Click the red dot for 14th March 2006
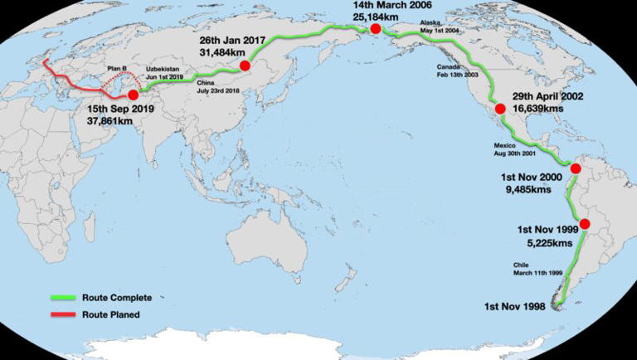(x=376, y=29)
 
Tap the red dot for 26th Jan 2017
(x=245, y=66)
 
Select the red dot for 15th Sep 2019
(x=134, y=95)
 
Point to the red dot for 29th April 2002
(x=500, y=109)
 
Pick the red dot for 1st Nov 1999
(x=584, y=224)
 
